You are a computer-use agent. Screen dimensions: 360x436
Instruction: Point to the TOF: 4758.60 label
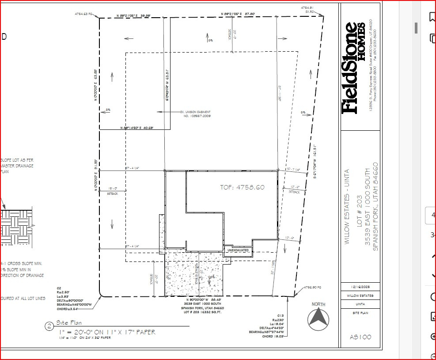(242, 187)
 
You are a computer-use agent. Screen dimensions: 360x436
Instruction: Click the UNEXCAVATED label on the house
(238, 250)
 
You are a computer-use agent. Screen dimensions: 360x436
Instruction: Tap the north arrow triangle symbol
(318, 318)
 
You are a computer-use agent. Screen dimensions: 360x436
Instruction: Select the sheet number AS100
(360, 337)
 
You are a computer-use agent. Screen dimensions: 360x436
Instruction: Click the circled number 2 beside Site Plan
(49, 326)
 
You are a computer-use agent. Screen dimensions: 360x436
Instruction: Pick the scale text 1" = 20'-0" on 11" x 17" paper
(106, 332)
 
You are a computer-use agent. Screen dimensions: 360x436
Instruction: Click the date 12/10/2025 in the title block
(360, 287)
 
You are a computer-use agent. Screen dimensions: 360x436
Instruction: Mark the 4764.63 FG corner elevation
(84, 14)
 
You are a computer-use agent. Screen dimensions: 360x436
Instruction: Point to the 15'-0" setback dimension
(113, 188)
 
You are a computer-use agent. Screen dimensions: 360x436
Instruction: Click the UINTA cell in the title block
(360, 304)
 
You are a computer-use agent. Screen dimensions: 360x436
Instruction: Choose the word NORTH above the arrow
(318, 304)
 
